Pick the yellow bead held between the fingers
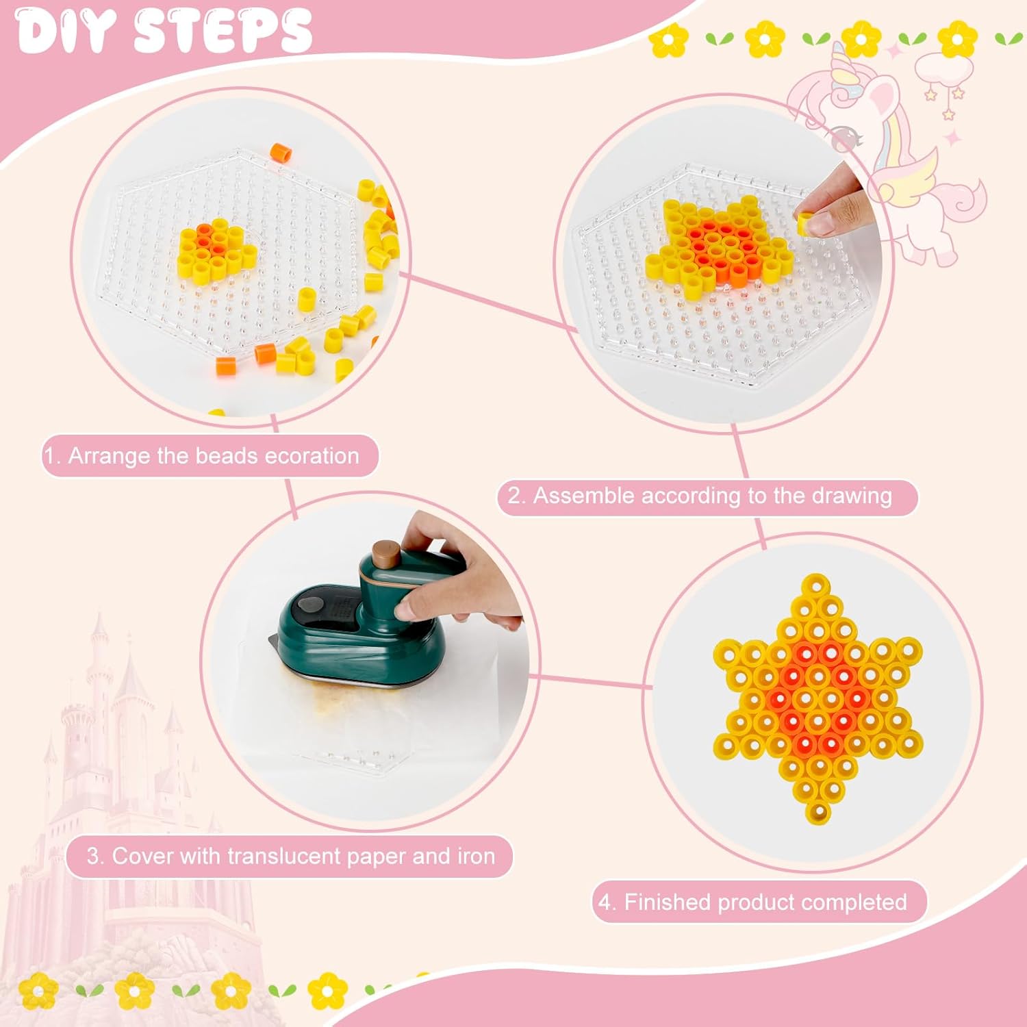[805, 225]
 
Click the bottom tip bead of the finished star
[817, 812]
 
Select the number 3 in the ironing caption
[93, 857]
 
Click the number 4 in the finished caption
[605, 902]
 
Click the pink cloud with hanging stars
[939, 68]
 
